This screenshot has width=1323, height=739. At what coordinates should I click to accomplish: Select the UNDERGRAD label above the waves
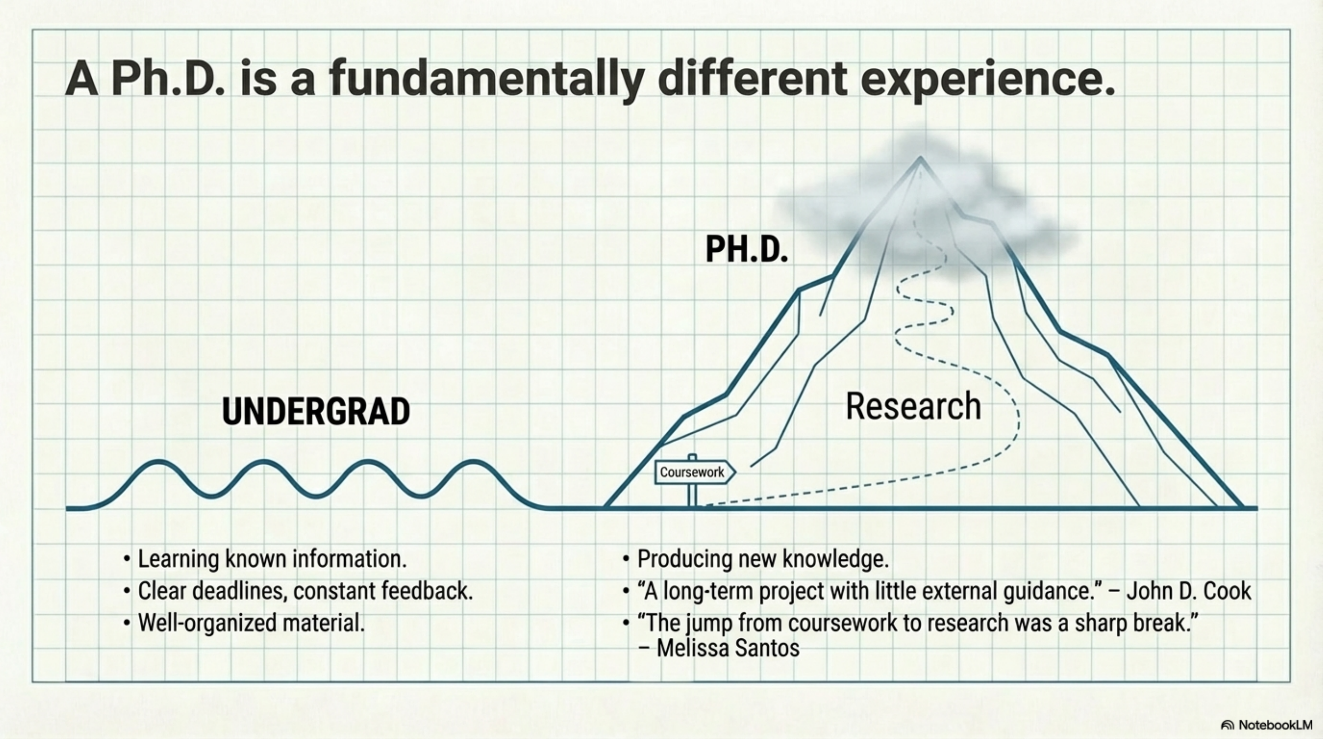[316, 412]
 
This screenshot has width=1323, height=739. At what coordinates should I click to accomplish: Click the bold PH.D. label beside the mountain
[747, 250]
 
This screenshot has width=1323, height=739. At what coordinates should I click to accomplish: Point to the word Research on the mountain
[913, 406]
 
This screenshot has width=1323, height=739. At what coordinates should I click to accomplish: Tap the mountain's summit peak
[920, 159]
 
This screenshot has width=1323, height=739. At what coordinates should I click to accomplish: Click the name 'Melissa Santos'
[728, 648]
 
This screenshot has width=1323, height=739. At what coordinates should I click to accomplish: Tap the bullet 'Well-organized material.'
[251, 623]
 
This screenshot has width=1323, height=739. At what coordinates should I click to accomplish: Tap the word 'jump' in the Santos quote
[708, 623]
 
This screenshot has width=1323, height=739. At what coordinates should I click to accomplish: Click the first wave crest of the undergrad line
[159, 462]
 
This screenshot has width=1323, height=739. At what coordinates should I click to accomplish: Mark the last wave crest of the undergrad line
[473, 462]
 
